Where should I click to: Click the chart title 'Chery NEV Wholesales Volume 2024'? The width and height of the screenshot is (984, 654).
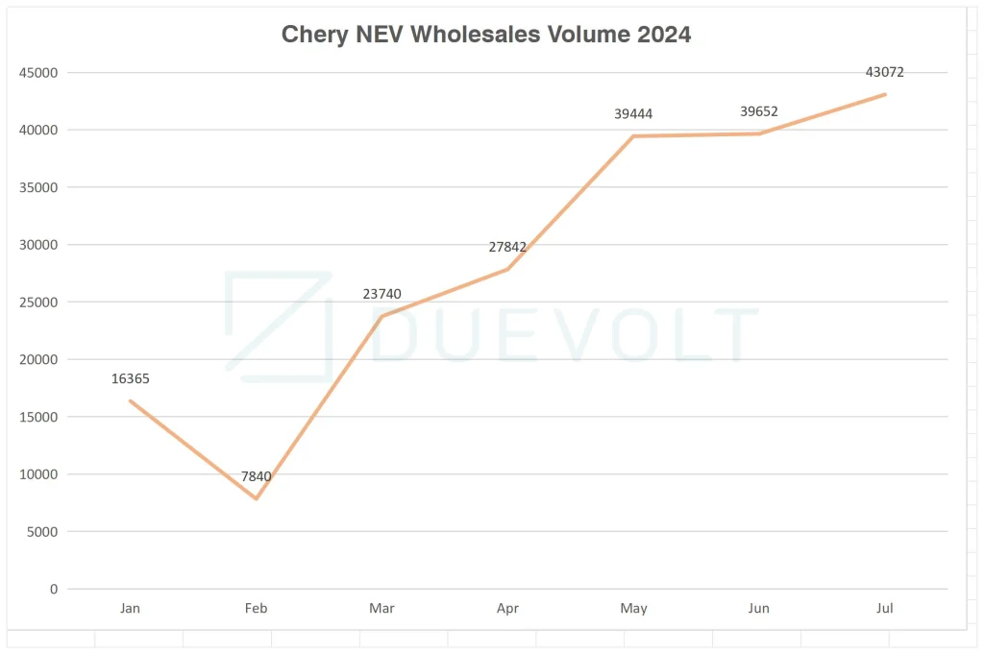click(x=486, y=35)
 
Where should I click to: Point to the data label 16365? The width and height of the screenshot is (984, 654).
click(x=131, y=379)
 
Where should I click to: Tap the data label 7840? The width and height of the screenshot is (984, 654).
click(x=257, y=476)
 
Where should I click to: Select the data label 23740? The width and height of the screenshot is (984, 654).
click(x=382, y=295)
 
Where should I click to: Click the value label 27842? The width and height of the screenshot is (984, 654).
click(x=507, y=247)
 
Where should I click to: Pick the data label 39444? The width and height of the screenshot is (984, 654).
click(x=633, y=114)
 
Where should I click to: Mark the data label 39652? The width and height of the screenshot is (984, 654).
click(x=759, y=111)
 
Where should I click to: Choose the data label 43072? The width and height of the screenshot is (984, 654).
click(x=885, y=72)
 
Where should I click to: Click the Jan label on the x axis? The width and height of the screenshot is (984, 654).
click(x=131, y=608)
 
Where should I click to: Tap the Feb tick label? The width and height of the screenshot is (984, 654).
click(x=257, y=608)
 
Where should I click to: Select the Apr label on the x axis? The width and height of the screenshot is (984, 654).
click(x=507, y=608)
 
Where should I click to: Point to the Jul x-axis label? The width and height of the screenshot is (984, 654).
click(x=885, y=608)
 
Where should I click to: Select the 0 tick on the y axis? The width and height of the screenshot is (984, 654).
click(x=54, y=589)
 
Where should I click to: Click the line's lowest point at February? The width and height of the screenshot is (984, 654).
click(x=257, y=498)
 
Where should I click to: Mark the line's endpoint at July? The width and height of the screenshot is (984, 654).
click(x=885, y=94)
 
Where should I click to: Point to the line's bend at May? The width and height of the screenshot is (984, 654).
click(x=633, y=136)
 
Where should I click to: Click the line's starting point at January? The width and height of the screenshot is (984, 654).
click(x=131, y=400)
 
